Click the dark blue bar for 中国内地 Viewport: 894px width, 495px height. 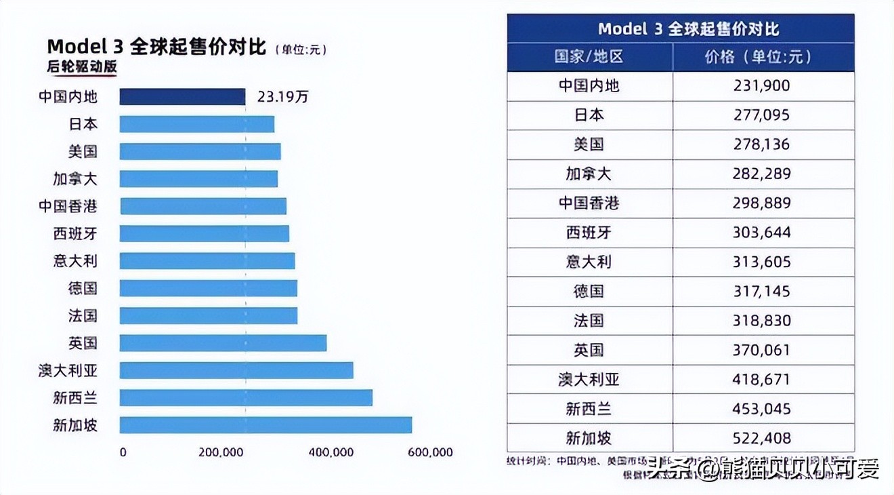point(182,97)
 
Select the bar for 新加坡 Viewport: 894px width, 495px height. point(265,425)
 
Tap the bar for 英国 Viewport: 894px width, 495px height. point(223,343)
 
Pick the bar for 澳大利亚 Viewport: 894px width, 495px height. point(236,370)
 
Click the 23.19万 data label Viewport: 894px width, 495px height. point(282,97)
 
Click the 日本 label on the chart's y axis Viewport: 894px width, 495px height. point(83,124)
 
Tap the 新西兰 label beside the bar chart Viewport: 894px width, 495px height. point(75,397)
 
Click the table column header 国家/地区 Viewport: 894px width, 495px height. point(589,57)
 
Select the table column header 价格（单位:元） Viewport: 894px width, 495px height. point(762,57)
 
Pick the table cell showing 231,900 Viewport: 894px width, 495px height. point(762,86)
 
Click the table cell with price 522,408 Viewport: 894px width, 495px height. point(762,438)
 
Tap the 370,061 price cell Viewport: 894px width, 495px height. point(762,350)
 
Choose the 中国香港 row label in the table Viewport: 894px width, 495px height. point(589,203)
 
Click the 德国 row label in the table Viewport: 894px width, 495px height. point(589,292)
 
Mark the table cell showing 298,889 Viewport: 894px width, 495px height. point(762,203)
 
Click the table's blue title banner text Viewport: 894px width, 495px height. point(680,29)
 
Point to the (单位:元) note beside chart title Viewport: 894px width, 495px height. point(301,49)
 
